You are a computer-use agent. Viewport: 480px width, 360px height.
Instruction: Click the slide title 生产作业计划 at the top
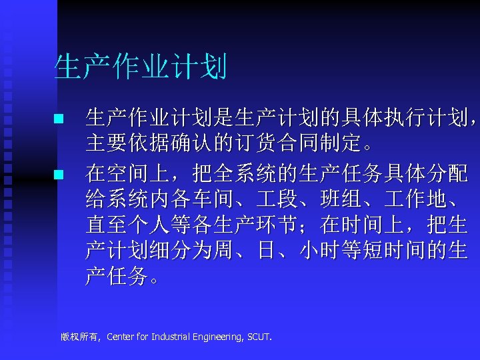pos(141,67)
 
